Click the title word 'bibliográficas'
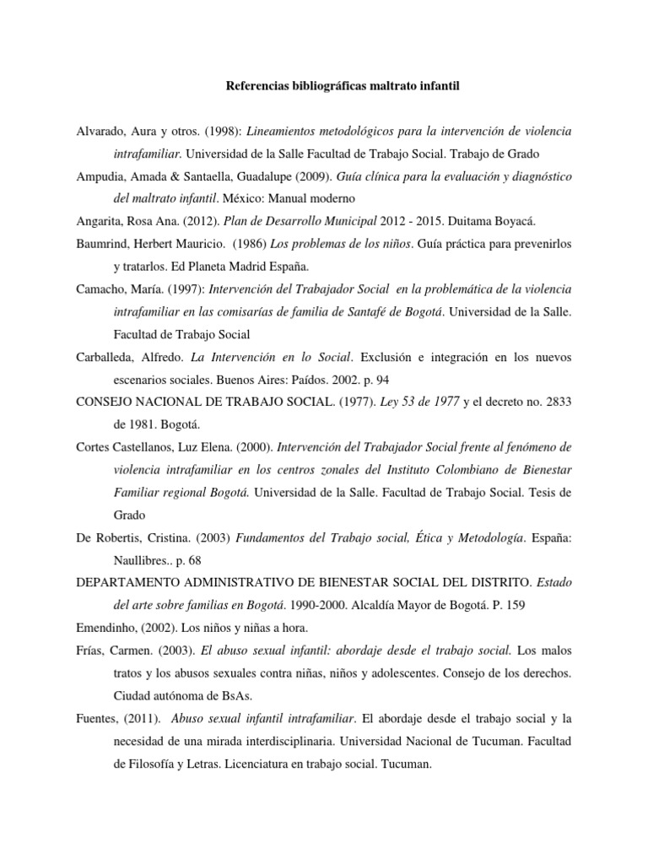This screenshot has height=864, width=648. coord(325,85)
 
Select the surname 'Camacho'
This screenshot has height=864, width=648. coord(101,289)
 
